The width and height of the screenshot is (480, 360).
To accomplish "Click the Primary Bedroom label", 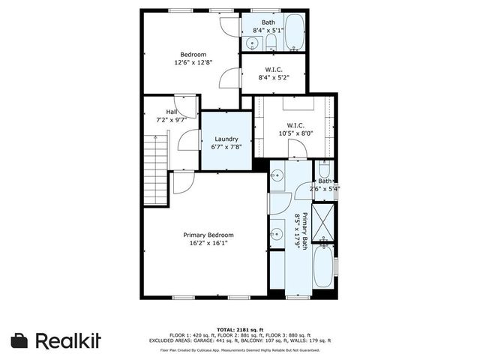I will [x=208, y=235].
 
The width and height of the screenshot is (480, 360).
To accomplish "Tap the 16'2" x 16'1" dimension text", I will [x=208, y=243].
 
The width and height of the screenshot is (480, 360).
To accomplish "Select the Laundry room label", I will [x=226, y=139].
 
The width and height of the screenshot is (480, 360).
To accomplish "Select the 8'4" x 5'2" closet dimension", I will [x=274, y=76].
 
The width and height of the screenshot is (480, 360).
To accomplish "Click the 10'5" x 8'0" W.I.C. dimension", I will [x=295, y=133].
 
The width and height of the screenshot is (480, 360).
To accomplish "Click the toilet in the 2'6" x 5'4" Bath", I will [x=324, y=170].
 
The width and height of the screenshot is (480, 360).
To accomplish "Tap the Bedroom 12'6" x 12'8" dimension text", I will [x=193, y=62].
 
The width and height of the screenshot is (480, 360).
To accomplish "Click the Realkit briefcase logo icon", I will [x=21, y=340].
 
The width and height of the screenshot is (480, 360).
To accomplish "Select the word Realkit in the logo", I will [x=68, y=340].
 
